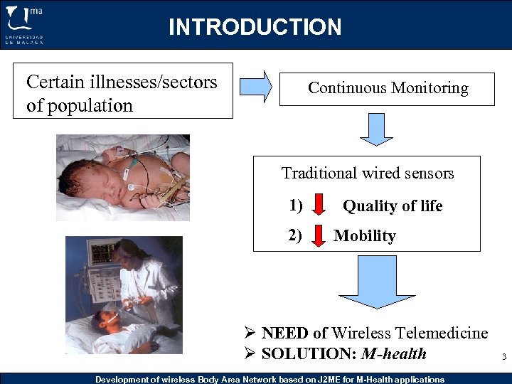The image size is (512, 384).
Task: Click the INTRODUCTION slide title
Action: click(255, 27)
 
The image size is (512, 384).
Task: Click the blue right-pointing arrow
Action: click(255, 87)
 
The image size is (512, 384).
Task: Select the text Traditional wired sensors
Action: click(367, 173)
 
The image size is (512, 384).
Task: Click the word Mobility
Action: click(364, 236)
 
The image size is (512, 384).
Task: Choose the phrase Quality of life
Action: click(393, 206)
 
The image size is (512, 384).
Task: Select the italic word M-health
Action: click(394, 353)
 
